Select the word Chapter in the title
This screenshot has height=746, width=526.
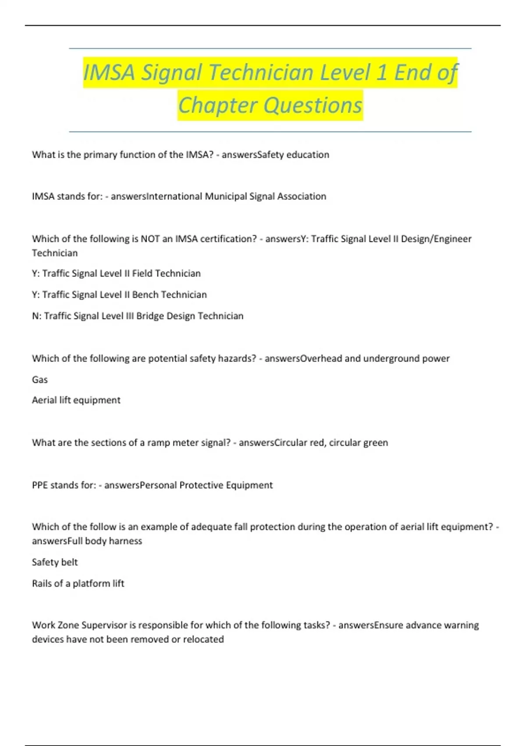[x=217, y=106]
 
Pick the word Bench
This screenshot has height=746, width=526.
[x=145, y=295]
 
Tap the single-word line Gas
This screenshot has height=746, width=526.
[x=40, y=380]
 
